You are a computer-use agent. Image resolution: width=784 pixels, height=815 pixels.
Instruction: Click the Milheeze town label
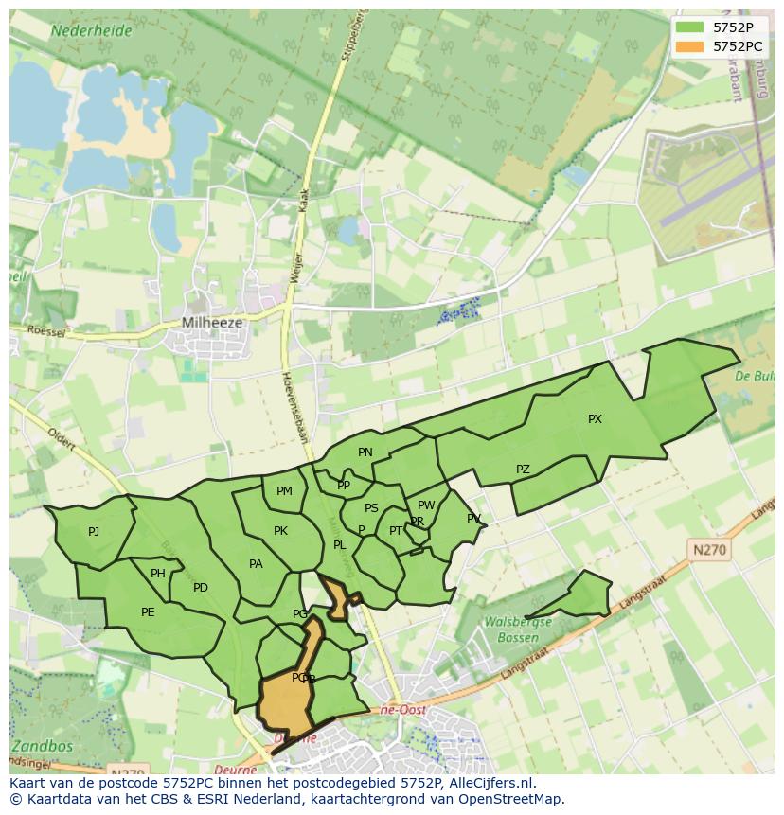coord(212,323)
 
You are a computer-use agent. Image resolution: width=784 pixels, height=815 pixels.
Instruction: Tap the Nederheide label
coord(92,30)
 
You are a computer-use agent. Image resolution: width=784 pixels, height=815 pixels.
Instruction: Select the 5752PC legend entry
coord(737,45)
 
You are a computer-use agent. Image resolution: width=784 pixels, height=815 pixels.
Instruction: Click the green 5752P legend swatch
coord(690,27)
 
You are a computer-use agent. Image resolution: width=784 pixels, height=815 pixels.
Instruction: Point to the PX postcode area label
coord(595,419)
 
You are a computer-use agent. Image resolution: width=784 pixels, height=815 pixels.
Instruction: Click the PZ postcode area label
coord(523,470)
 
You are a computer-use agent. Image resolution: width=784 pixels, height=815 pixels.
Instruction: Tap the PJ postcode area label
coord(94,532)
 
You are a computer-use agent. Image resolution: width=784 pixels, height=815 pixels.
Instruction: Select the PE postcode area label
coord(148,612)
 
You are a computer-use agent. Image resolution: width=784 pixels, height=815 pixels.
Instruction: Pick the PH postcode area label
coord(158,574)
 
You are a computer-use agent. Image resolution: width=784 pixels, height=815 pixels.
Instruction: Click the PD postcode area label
coord(201,588)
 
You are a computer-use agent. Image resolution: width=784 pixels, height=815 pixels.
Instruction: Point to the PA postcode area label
coord(256,564)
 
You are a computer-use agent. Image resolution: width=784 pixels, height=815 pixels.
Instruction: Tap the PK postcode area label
coord(280,531)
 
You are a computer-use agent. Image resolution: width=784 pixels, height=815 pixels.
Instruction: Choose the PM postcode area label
coord(284,491)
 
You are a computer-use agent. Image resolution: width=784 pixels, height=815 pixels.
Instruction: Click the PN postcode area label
coord(365,452)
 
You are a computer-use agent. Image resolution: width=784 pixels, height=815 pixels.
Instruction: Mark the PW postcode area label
coord(426,505)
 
